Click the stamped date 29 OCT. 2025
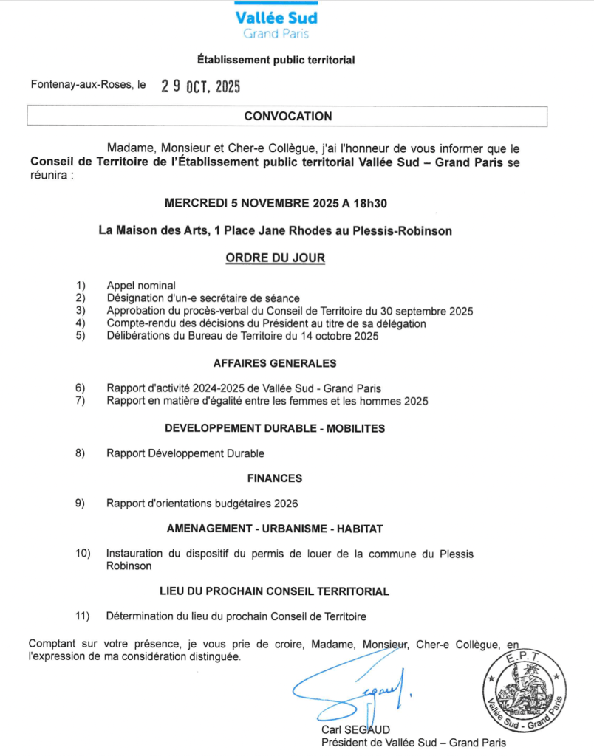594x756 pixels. tap(200, 86)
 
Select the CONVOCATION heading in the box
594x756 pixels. tap(288, 116)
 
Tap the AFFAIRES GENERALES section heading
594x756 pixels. tap(275, 363)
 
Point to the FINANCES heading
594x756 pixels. tap(275, 478)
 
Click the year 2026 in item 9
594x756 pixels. tap(285, 504)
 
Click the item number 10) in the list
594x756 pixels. tap(83, 554)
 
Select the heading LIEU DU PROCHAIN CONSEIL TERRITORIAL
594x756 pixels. tap(275, 591)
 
